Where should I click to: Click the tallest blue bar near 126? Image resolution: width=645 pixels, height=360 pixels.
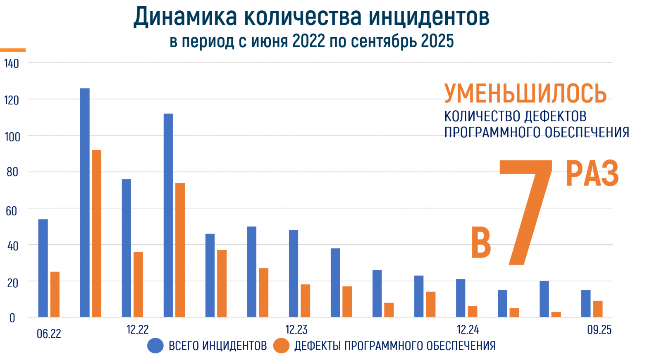point(85,203)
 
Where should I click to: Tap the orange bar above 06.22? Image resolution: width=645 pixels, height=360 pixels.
point(55,294)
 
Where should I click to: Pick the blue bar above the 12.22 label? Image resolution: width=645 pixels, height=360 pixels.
point(127,248)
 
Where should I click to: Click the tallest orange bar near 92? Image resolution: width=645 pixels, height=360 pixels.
point(97,234)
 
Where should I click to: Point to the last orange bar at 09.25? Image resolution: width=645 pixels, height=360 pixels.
point(598,309)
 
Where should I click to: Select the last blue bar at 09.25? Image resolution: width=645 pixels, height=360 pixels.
point(586,303)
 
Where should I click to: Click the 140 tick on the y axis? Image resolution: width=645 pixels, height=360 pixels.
point(12,64)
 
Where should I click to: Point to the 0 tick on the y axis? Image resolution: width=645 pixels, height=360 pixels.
point(12,318)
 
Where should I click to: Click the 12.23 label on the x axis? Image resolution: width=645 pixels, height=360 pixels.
point(296,330)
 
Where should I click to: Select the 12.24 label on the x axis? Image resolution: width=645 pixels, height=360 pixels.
point(468,330)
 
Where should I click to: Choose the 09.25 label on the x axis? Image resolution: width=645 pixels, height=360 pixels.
point(599,330)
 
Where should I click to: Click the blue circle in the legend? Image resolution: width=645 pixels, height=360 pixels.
point(155,346)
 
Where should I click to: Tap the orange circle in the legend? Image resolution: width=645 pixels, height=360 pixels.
point(282,346)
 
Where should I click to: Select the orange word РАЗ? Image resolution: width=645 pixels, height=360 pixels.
point(592,174)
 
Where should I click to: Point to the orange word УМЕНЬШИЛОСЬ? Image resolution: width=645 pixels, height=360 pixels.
point(525,93)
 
